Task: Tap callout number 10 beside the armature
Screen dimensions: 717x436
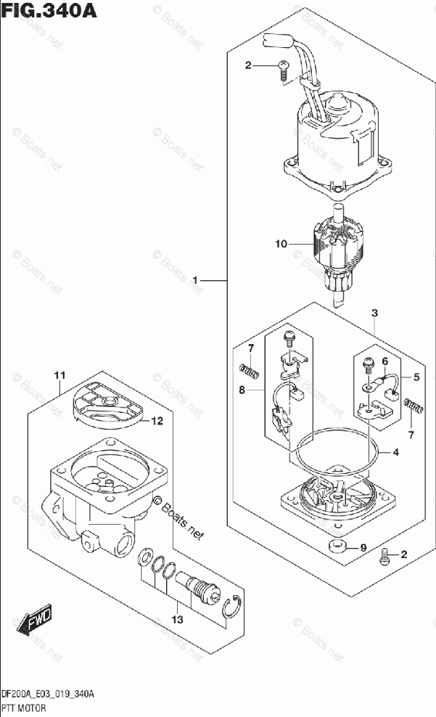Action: tap(281, 245)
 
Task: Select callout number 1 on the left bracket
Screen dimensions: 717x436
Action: tap(196, 279)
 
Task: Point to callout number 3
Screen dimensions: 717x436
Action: tap(374, 314)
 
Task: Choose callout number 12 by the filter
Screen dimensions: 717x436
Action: tap(157, 420)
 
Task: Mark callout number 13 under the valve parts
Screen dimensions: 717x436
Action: tap(178, 620)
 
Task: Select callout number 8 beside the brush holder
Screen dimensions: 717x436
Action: tap(242, 390)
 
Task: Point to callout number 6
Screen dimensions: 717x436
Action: tap(384, 361)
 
